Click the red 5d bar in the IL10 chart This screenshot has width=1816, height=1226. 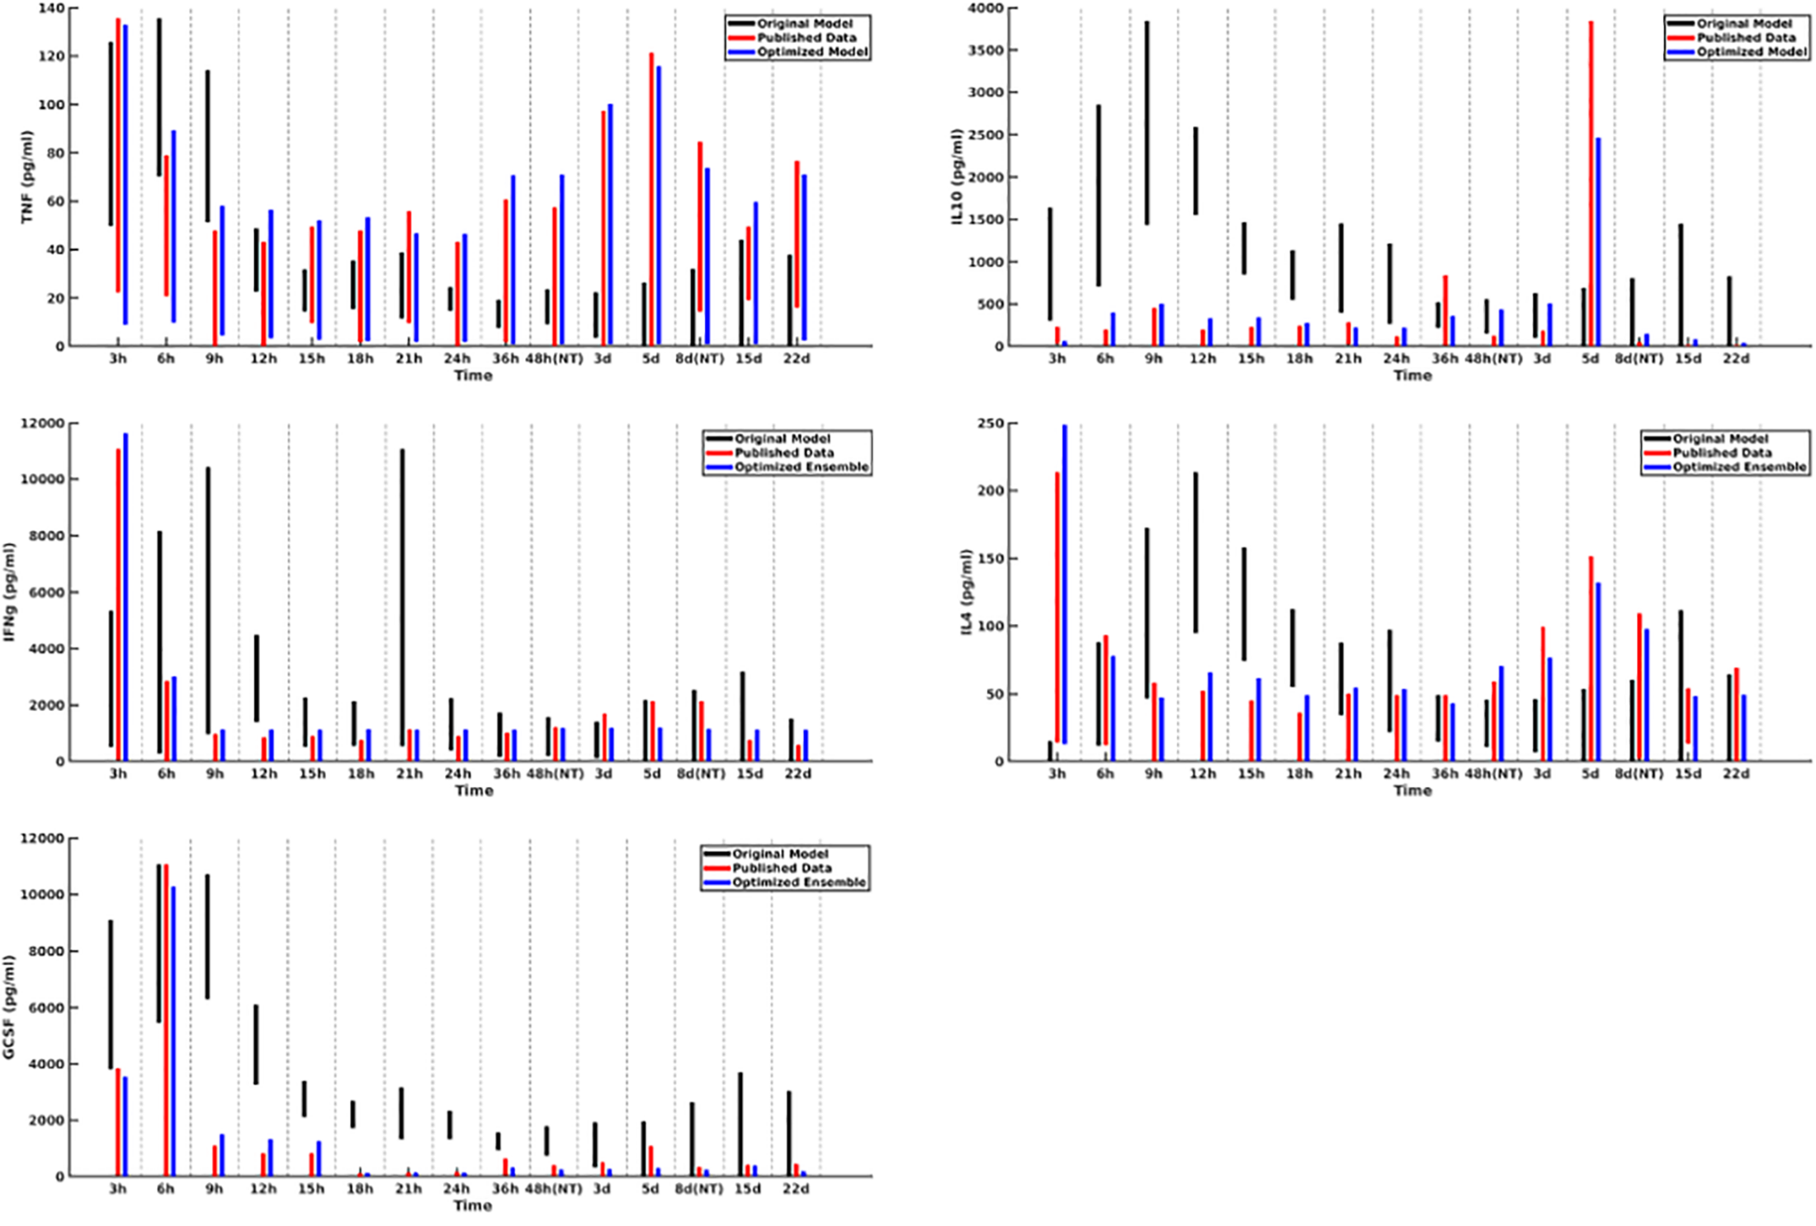(x=1591, y=182)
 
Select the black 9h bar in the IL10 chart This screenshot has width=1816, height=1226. (x=1147, y=124)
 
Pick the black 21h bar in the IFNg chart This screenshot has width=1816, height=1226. (x=403, y=598)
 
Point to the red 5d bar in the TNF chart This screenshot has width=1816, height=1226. (x=651, y=198)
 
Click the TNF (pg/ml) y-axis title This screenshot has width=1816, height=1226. (x=27, y=177)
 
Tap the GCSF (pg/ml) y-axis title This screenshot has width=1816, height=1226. (x=9, y=1007)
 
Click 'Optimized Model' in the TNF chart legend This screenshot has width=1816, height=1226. (x=812, y=52)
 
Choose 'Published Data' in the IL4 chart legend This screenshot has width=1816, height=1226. (x=1722, y=453)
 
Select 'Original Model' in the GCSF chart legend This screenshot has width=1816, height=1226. (x=780, y=854)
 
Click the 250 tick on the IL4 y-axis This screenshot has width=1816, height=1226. (x=991, y=424)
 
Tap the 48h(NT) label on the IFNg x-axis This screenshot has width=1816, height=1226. (x=555, y=774)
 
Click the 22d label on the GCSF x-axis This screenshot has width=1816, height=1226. (x=796, y=1190)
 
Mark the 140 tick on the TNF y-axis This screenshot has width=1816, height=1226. (x=54, y=8)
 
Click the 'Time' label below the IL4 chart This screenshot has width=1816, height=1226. (x=1412, y=791)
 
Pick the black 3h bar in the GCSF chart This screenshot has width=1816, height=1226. (x=111, y=995)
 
